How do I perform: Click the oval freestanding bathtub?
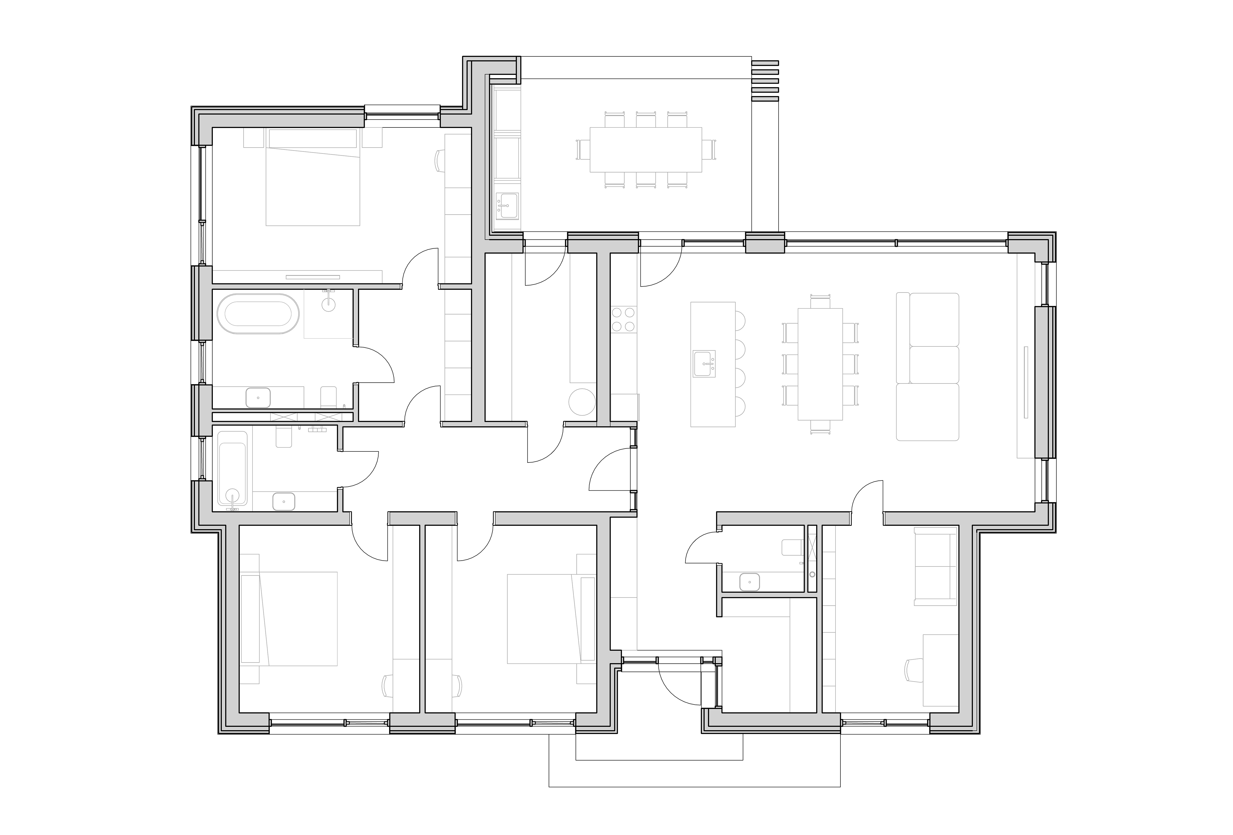[x=258, y=314]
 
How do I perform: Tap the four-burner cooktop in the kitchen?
[x=624, y=319]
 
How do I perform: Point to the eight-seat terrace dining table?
[x=646, y=150]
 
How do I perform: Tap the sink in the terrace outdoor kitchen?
[x=507, y=205]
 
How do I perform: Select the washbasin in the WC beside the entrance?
[x=749, y=582]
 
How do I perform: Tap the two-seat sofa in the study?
[x=935, y=567]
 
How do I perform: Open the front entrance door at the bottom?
[x=679, y=684]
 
